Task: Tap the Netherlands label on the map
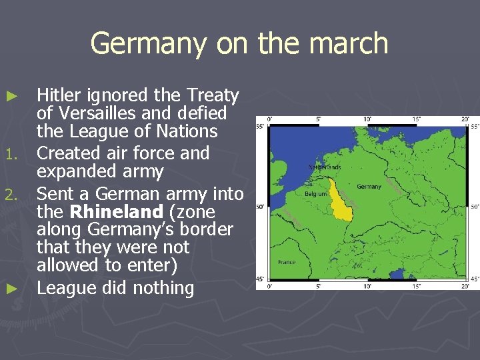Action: coord(325,167)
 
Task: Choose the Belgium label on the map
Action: coord(316,194)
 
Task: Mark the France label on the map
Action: coord(287,262)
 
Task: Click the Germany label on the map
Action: coord(369,187)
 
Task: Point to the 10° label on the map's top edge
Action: coord(367,119)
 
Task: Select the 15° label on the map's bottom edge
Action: coord(417,286)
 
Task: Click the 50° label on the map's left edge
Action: coord(260,207)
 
